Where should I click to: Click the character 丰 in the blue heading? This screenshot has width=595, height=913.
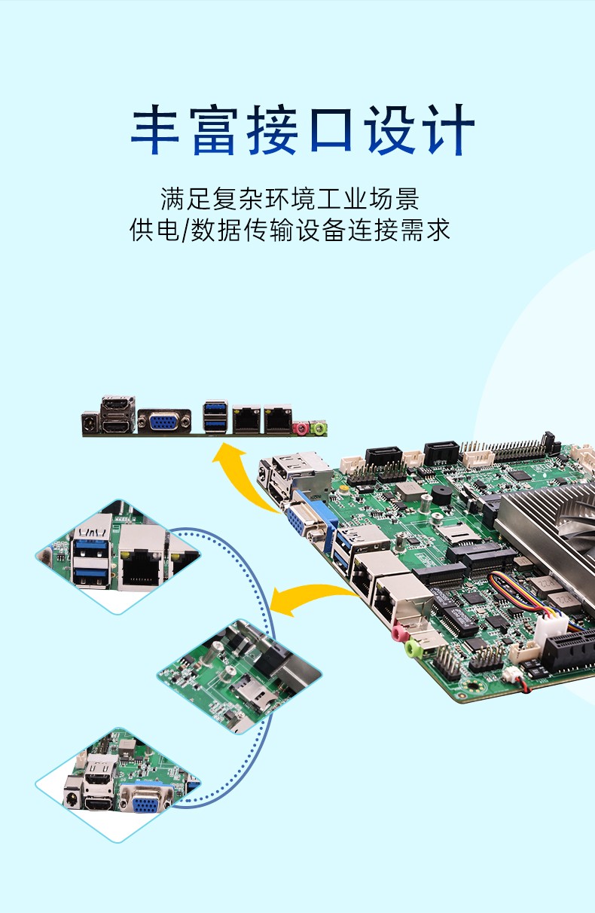pyautogui.click(x=155, y=131)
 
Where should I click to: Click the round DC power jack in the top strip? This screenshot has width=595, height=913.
pyautogui.click(x=90, y=423)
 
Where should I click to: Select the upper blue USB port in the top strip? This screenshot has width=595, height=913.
pyautogui.click(x=215, y=411)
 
